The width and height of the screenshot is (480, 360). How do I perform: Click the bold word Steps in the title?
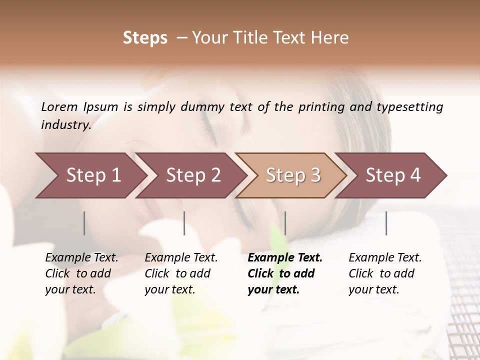(x=145, y=38)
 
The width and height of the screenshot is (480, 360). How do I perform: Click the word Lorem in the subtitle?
(x=59, y=106)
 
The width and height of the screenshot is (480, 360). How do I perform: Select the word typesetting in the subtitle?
(x=409, y=107)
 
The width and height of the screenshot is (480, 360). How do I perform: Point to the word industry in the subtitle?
(x=66, y=125)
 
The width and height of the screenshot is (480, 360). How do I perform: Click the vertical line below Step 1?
(x=84, y=223)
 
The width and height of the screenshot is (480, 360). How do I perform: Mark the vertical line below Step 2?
(x=184, y=223)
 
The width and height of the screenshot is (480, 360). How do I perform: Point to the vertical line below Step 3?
(x=285, y=223)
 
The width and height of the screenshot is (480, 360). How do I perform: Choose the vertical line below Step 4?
(x=386, y=223)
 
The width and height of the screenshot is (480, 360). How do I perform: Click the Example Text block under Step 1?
(x=81, y=273)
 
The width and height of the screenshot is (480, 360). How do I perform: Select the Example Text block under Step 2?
(x=181, y=273)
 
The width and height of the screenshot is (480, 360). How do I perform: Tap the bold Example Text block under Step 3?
(x=285, y=273)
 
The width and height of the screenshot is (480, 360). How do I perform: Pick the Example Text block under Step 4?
(x=385, y=273)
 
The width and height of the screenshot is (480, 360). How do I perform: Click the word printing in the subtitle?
(x=317, y=107)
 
